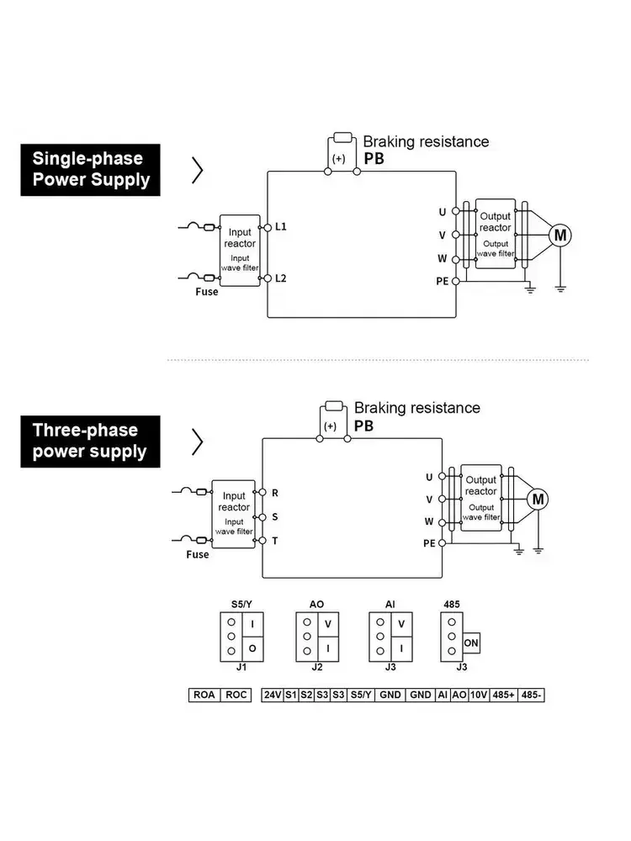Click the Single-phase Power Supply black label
tap(91, 169)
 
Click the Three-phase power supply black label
tap(89, 441)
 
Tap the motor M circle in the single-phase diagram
tap(559, 235)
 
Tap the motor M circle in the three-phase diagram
tap(537, 500)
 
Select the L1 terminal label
tap(281, 227)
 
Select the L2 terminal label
tap(281, 278)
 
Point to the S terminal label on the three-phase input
tap(274, 516)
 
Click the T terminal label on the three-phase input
tap(274, 541)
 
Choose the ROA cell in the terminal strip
tap(204, 696)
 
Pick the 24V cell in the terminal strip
tap(272, 696)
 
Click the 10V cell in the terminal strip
tap(479, 696)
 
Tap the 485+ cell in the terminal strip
tap(505, 696)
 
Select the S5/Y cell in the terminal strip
tap(361, 696)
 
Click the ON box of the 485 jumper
tap(471, 643)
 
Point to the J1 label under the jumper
tap(241, 668)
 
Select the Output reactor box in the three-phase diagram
tap(481, 496)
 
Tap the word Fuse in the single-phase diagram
tap(206, 292)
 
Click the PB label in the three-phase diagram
tap(363, 426)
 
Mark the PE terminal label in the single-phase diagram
tap(442, 281)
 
